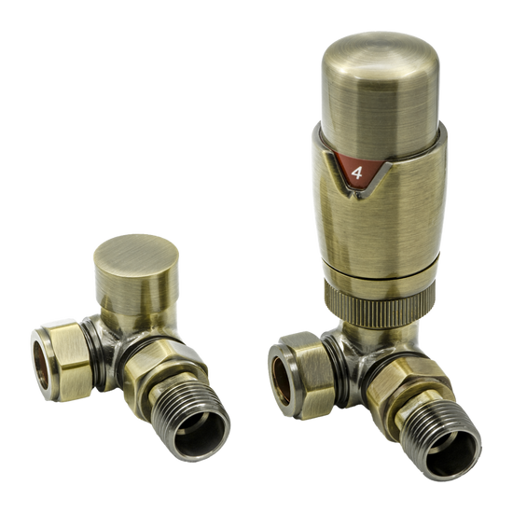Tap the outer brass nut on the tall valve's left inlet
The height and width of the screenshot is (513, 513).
tap(303, 368)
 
